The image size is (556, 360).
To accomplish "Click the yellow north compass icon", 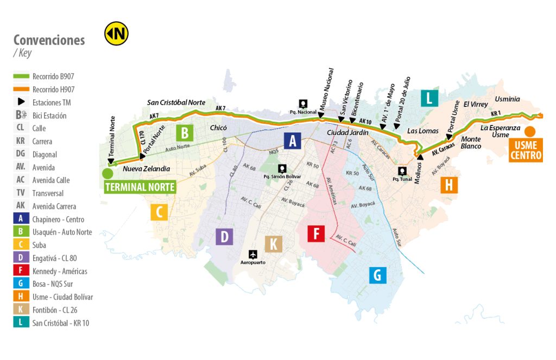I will [x=116, y=34].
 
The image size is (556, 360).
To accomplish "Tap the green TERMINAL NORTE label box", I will [x=140, y=187].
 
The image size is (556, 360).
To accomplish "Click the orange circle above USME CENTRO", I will [x=529, y=131].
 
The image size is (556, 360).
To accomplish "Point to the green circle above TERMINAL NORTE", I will [x=108, y=174].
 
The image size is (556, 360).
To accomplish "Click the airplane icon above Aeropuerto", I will [x=252, y=254].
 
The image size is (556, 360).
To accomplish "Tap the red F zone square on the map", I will [x=315, y=233].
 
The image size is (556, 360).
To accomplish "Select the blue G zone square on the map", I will [x=377, y=275].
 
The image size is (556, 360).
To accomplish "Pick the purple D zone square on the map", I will [x=224, y=237].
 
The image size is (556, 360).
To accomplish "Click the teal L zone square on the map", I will [x=429, y=98].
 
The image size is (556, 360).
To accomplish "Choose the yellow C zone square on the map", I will [x=159, y=212].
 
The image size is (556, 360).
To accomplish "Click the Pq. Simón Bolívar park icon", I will [x=281, y=169].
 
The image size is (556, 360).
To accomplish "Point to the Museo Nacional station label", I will [x=327, y=90].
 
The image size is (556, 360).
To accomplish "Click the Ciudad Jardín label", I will [x=347, y=132].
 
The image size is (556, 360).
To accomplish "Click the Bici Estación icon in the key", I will [x=21, y=115].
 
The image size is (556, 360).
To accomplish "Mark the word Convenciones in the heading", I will [x=49, y=40].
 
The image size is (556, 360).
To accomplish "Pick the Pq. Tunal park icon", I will [x=402, y=171].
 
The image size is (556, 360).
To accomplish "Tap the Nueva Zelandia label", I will [x=147, y=169].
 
